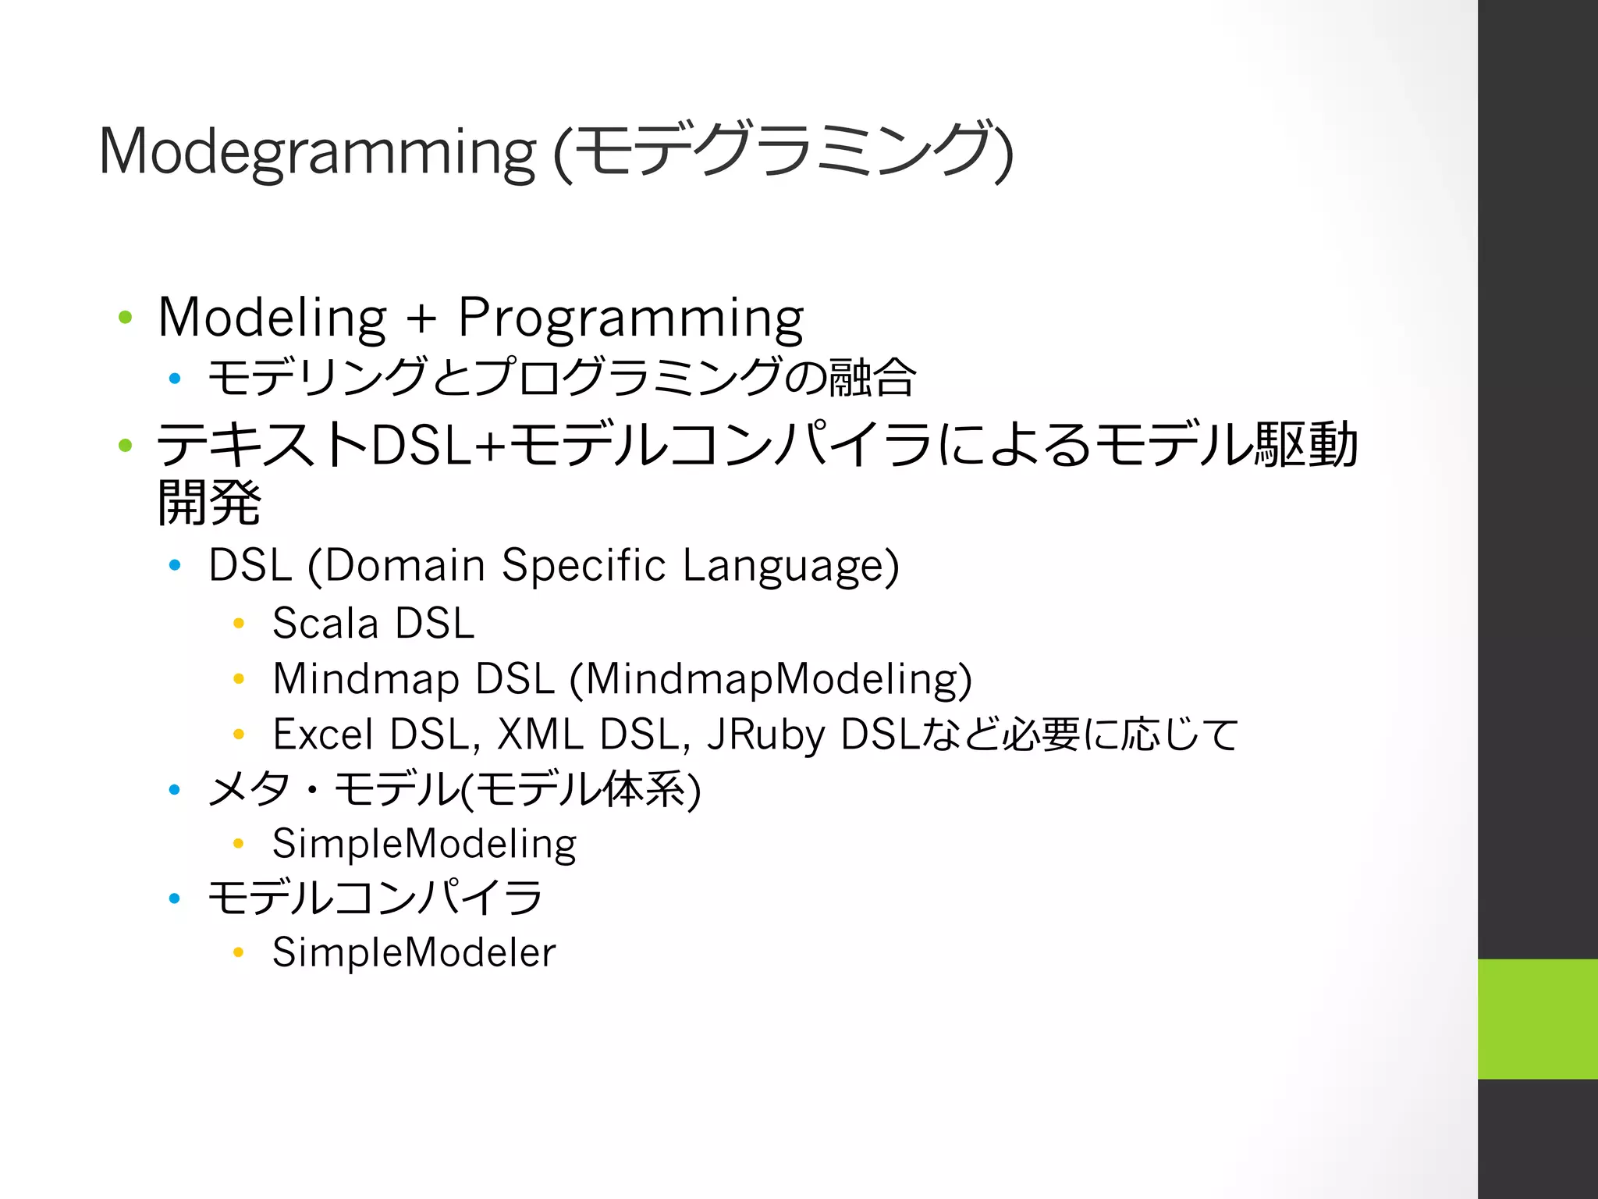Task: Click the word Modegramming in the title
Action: (x=316, y=152)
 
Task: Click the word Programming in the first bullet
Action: (x=630, y=318)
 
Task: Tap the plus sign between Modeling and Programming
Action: (x=421, y=318)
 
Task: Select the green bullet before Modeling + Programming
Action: (x=126, y=317)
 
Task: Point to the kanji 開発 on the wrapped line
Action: (x=209, y=503)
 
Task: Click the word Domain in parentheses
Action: (x=404, y=565)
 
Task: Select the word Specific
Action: (x=584, y=565)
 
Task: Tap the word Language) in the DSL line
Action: (x=790, y=565)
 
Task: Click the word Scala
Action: (x=325, y=623)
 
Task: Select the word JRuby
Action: (x=765, y=735)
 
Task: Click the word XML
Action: (x=540, y=735)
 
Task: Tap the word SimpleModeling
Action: (x=424, y=844)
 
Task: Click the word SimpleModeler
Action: (x=414, y=952)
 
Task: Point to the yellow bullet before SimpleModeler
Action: (x=239, y=952)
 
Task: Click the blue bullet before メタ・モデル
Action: (x=175, y=790)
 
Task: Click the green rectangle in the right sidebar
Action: (x=1537, y=1019)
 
